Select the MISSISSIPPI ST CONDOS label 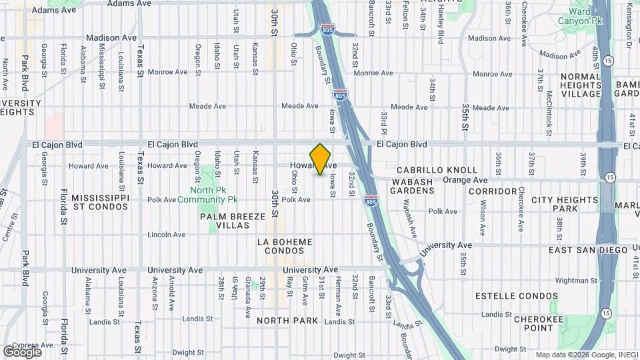[99, 202]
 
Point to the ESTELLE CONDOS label [517, 295]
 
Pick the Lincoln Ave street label [166, 235]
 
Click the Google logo [22, 351]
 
